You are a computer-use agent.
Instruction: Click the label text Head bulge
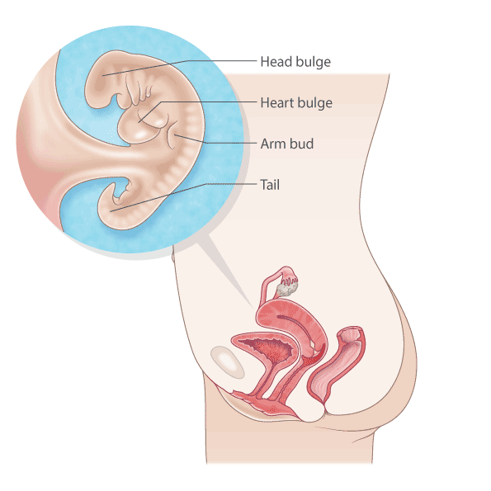coord(295,62)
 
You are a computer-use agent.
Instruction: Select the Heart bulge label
coord(296,103)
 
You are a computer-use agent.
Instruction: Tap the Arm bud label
coord(287,144)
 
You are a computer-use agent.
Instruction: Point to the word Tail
coord(270,185)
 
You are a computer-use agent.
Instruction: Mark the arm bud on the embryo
coord(173,135)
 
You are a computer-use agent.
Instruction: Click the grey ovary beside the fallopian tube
coord(287,288)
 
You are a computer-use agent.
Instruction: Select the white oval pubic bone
coord(227,361)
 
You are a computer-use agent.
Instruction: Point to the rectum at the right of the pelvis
coord(337,363)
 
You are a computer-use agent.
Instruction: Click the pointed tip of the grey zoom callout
coord(253,309)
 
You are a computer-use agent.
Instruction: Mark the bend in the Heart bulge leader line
coord(161,102)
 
